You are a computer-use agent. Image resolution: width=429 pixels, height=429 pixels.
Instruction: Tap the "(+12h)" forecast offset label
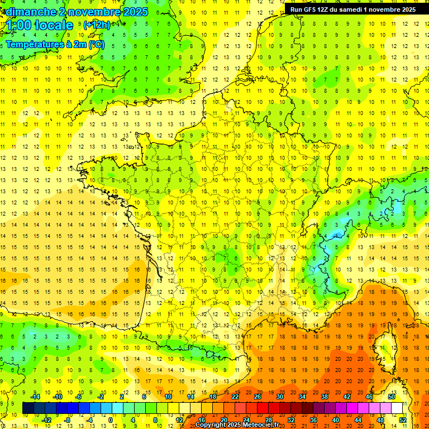(x=97, y=25)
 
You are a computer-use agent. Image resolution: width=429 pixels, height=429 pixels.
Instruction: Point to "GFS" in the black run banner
(x=312, y=9)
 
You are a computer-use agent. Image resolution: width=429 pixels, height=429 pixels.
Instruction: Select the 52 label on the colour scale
(x=403, y=420)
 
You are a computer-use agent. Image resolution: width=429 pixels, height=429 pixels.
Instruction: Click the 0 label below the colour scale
(x=111, y=420)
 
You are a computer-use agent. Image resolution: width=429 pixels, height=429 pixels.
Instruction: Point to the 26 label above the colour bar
(x=258, y=397)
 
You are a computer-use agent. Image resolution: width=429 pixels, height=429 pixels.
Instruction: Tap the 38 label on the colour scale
(x=325, y=397)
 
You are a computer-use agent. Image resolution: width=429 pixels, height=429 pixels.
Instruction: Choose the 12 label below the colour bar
(x=179, y=420)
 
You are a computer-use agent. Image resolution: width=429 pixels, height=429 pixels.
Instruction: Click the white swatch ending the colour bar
(x=397, y=408)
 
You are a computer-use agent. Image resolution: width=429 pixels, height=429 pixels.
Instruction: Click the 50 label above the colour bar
(x=392, y=397)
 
